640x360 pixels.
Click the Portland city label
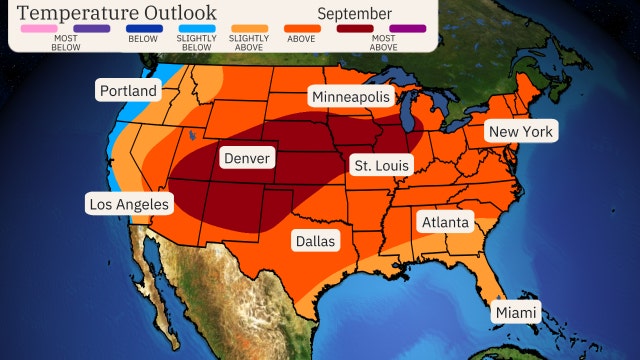click(x=128, y=91)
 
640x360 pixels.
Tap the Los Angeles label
click(x=129, y=204)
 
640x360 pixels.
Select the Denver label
click(x=247, y=158)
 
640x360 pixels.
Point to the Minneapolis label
click(x=350, y=96)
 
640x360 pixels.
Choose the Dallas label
click(x=315, y=241)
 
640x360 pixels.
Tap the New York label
click(x=520, y=131)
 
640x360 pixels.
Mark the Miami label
click(x=516, y=313)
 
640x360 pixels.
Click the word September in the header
click(x=355, y=12)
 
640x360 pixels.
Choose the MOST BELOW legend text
click(x=37, y=43)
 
